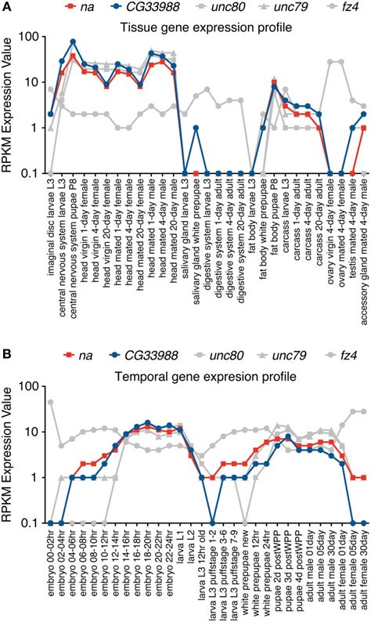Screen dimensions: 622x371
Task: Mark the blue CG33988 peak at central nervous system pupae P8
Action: pyautogui.click(x=73, y=42)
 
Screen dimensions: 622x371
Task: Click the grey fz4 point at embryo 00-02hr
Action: pyautogui.click(x=51, y=402)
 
